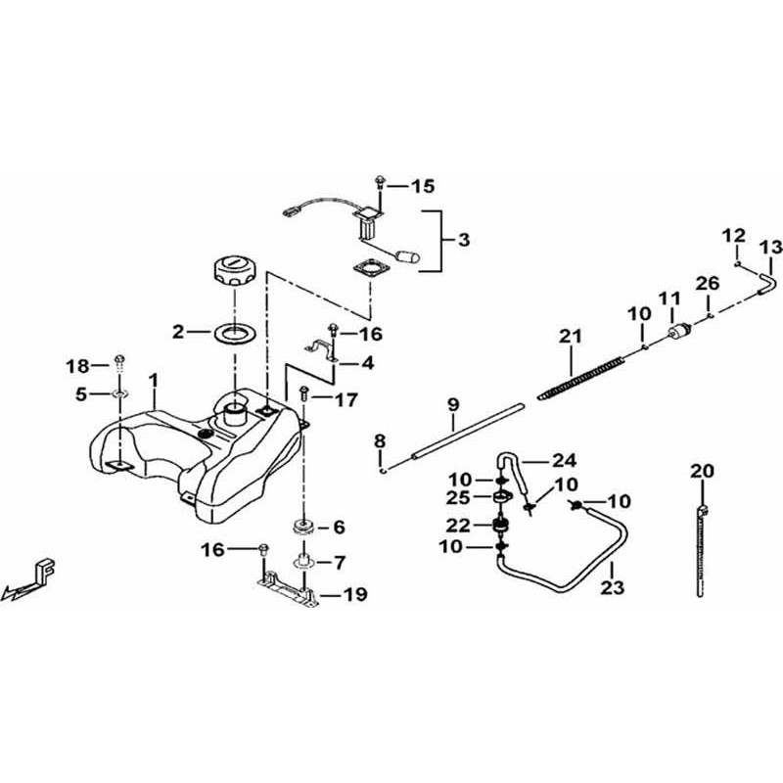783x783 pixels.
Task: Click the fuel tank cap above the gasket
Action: click(235, 269)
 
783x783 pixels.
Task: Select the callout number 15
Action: click(422, 185)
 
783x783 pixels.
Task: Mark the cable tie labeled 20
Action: click(703, 543)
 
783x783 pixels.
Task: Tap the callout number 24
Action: click(537, 459)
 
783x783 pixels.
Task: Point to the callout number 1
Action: click(153, 378)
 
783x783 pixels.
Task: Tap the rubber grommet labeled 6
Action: click(303, 526)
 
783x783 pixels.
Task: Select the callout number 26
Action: click(707, 284)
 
